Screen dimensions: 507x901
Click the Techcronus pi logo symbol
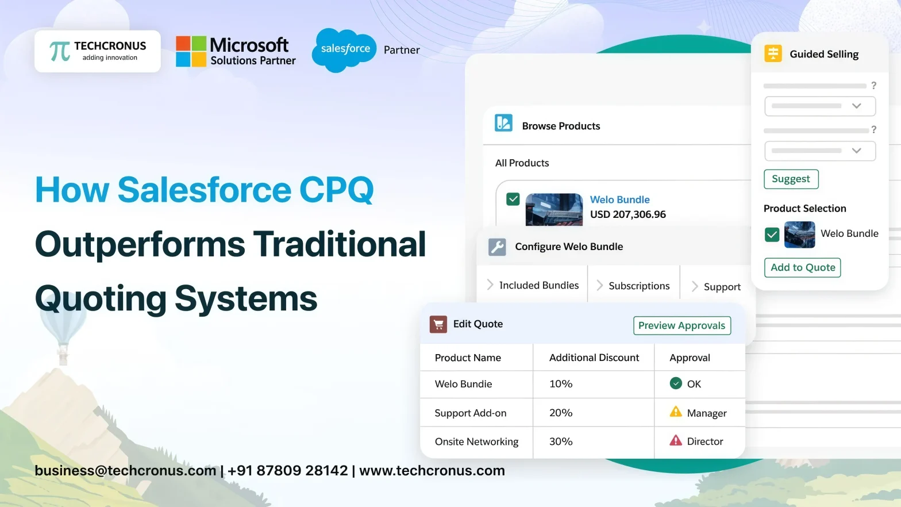(60, 51)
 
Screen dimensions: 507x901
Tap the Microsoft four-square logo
(191, 51)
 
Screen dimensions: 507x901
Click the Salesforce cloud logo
(345, 49)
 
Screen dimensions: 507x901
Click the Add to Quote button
(802, 267)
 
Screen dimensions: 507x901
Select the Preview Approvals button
(681, 325)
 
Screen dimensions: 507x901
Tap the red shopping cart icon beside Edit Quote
(438, 324)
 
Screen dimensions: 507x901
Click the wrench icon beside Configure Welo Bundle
(497, 247)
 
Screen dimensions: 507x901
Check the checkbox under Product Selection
(772, 234)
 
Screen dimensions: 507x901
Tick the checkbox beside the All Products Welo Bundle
(513, 199)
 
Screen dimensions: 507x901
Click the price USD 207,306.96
(627, 214)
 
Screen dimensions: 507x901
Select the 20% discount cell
(561, 413)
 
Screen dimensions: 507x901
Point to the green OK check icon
(676, 383)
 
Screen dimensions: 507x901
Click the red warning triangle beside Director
(676, 441)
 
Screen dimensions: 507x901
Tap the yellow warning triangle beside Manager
(676, 412)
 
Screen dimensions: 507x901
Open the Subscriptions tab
(638, 286)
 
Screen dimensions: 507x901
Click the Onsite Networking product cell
(476, 441)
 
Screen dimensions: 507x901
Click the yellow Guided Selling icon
(773, 54)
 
